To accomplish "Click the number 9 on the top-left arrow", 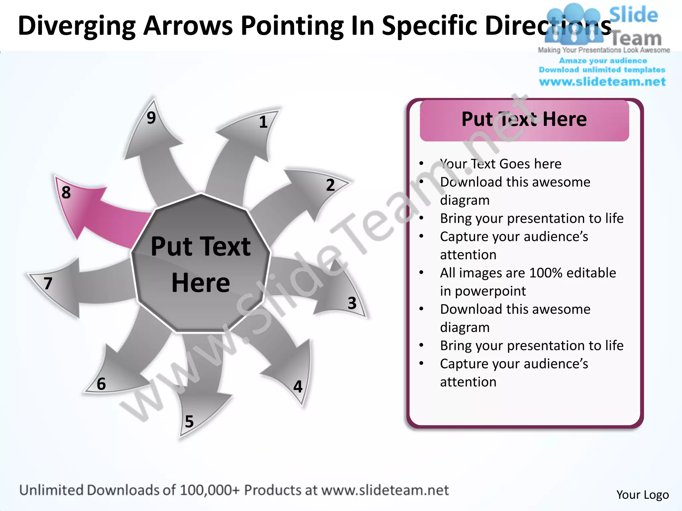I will (151, 118).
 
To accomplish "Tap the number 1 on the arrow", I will (263, 122).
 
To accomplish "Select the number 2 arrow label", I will (330, 185).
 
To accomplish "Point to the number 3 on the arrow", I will (352, 303).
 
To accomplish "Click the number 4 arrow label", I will (298, 387).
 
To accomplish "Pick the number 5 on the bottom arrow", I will (189, 422).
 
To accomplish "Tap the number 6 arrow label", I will (101, 384).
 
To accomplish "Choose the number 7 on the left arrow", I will (48, 283).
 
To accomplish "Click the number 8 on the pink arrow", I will (66, 193).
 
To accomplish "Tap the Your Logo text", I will (642, 495).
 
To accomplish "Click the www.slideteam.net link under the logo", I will (602, 82).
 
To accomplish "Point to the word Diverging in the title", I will (77, 26).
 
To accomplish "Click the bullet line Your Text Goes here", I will (501, 164).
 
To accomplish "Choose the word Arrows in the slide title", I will (188, 26).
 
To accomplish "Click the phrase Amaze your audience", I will (603, 61).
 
